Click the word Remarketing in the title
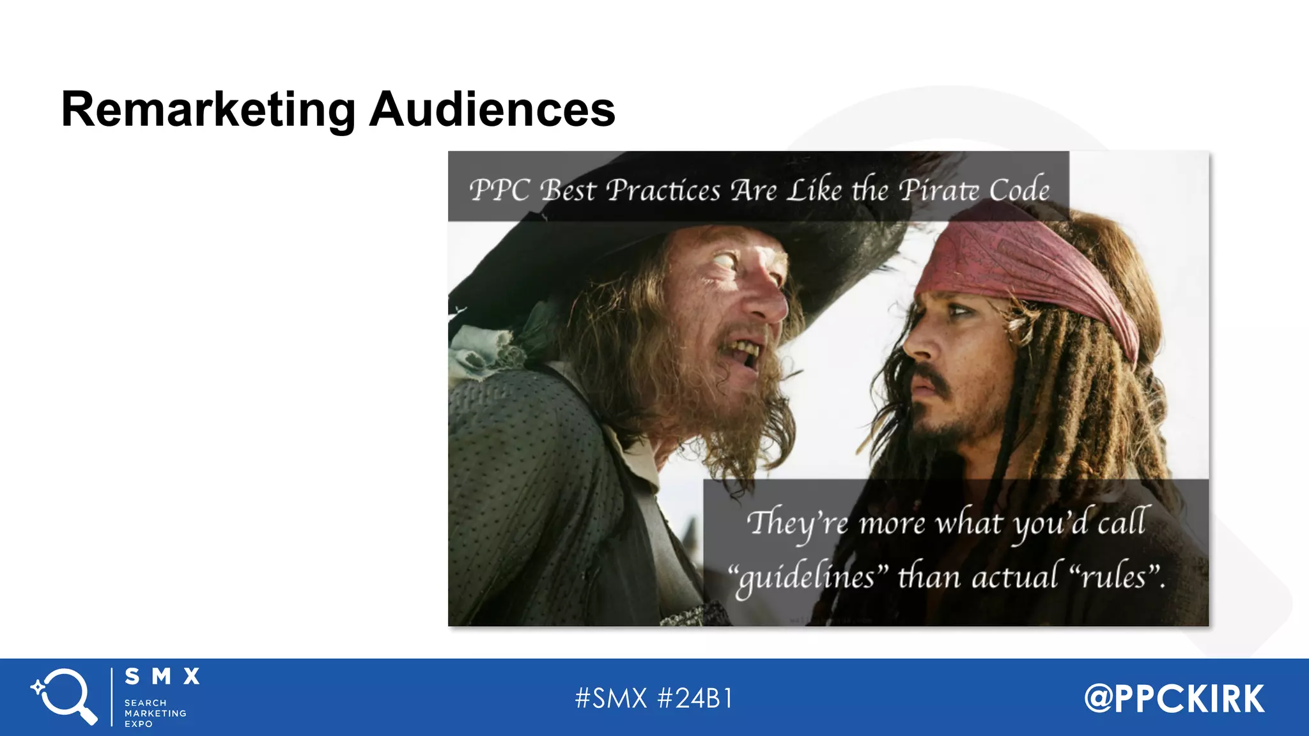[208, 110]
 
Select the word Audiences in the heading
[492, 110]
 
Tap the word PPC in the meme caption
[500, 190]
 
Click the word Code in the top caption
[1019, 190]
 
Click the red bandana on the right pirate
[1029, 268]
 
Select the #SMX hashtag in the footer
[611, 698]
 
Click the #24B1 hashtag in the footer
[695, 698]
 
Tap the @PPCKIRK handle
[1174, 698]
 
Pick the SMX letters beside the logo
[162, 677]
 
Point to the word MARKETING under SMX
[155, 713]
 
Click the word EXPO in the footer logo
[139, 724]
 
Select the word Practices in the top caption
[663, 190]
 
